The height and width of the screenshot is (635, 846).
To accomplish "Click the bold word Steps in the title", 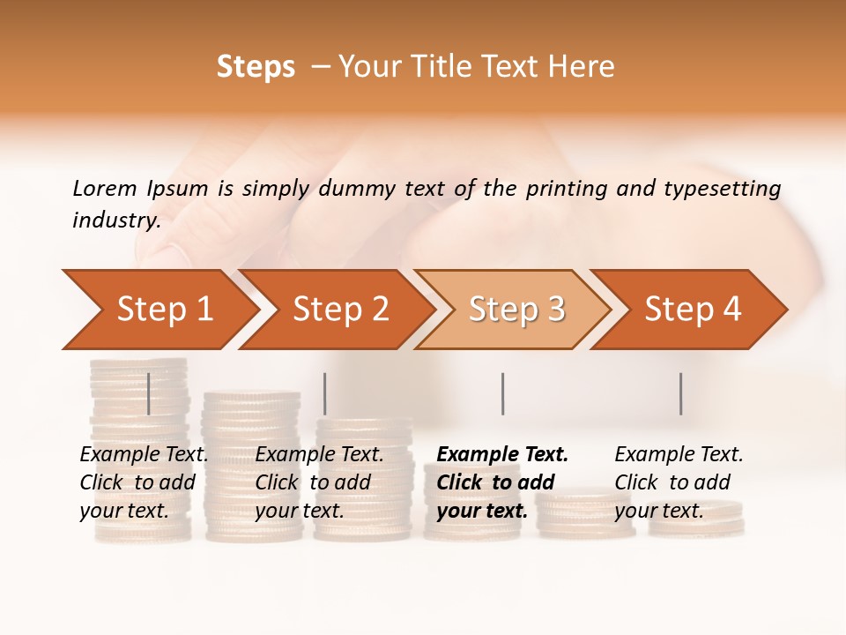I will point(256,66).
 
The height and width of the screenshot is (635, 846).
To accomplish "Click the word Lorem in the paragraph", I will point(104,188).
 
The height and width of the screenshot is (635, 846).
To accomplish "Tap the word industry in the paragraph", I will point(116,220).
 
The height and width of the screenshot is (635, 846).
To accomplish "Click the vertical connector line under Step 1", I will point(149,393).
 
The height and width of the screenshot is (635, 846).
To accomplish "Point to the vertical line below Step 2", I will point(325,393).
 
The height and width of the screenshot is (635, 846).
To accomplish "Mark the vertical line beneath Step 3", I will point(503,393).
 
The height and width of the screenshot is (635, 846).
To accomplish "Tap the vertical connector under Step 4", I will point(681,393).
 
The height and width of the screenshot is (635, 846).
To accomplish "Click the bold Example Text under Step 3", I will point(502,455).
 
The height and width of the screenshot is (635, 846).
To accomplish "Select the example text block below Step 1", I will point(144,482).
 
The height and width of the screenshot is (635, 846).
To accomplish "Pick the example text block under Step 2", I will point(319,482).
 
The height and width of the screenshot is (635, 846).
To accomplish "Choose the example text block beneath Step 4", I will point(679,482).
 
